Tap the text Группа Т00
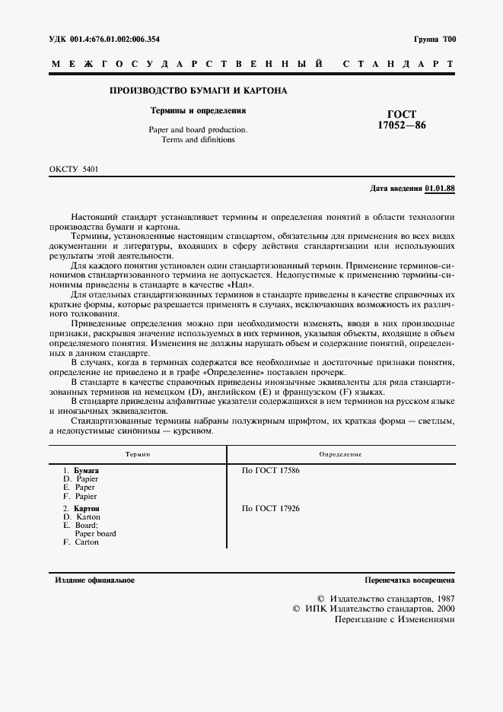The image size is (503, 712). [x=435, y=39]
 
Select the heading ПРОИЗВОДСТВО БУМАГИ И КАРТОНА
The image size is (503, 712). [x=199, y=91]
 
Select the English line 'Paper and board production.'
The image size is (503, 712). [x=192, y=130]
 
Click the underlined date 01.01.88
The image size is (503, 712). [x=440, y=187]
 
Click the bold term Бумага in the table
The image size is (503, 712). [x=86, y=471]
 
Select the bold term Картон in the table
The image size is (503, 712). [x=87, y=507]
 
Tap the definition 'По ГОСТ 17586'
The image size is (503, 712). [x=271, y=471]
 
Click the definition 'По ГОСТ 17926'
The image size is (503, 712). [x=271, y=507]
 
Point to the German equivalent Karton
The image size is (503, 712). [x=88, y=517]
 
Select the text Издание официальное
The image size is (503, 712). [x=95, y=580]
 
